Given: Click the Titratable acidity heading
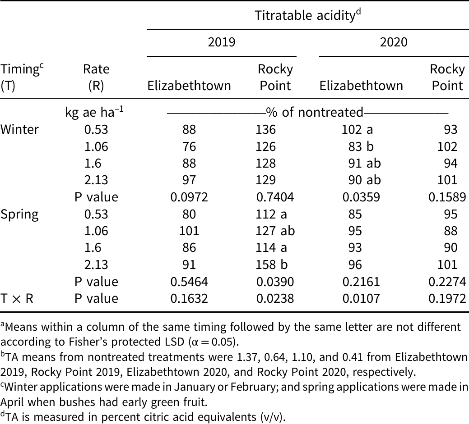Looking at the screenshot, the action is pos(308,15).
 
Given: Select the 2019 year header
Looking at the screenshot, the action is pos(222,42).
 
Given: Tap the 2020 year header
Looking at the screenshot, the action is pos(394,42).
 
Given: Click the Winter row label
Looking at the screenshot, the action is pos(19,130).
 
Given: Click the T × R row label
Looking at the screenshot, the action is pos(17,298).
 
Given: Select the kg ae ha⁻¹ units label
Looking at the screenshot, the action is pos(94,112).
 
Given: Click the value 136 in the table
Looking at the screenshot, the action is pos(265,130).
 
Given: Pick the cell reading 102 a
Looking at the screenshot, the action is pos(358,130).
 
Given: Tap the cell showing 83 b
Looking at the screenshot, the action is pos(361,146).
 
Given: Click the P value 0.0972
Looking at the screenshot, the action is pos(189,197).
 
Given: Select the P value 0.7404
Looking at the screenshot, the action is pos(275,197).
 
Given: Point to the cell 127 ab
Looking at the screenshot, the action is pos(275,231).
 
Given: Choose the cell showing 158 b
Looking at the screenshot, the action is pos(272,264).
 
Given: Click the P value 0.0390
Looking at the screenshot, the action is pos(275,282).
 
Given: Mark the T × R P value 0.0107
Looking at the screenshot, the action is pos(361,298).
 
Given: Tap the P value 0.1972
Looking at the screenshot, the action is pos(447,298).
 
